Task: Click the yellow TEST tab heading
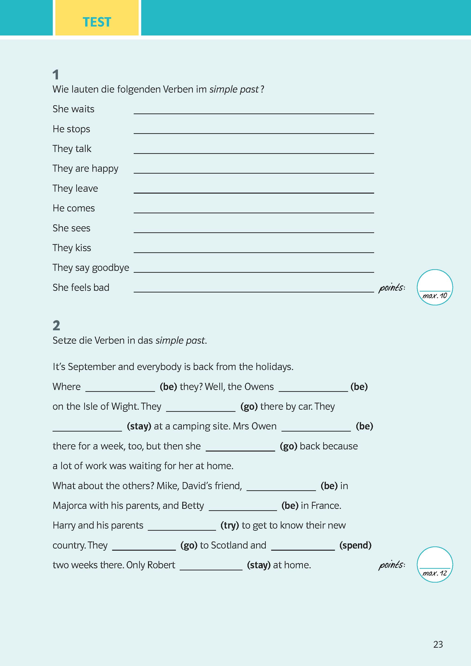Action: pyautogui.click(x=97, y=22)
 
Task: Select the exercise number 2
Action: pyautogui.click(x=56, y=325)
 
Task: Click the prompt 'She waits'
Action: pyautogui.click(x=73, y=109)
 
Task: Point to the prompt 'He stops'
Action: pyautogui.click(x=71, y=129)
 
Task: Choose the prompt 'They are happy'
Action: pyautogui.click(x=85, y=168)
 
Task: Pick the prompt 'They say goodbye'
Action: pyautogui.click(x=91, y=268)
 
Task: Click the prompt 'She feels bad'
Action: pyautogui.click(x=81, y=288)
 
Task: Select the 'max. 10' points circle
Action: pyautogui.click(x=434, y=287)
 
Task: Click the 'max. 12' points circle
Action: pyautogui.click(x=434, y=564)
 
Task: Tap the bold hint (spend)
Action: pyautogui.click(x=355, y=545)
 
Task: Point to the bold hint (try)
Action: pyautogui.click(x=229, y=525)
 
